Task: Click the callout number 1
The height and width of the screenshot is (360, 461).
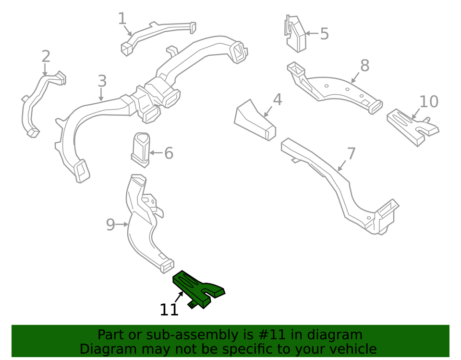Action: point(122,19)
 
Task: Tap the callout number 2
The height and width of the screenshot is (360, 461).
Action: point(46,57)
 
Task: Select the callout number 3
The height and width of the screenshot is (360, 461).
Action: point(102,81)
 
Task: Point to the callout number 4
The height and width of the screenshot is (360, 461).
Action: point(278,99)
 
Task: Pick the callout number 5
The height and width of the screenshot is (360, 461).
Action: point(324,34)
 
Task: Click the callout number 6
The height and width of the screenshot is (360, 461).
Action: point(169,154)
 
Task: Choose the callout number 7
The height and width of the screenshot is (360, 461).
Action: point(351,154)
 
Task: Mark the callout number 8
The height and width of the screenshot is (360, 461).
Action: point(364,66)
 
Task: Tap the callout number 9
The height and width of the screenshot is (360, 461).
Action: point(110,224)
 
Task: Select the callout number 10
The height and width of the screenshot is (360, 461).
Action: point(429,102)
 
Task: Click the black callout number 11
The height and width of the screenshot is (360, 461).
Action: point(169,310)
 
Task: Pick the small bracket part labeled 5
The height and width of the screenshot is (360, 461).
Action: point(295,34)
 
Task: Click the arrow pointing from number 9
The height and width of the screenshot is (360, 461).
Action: point(121,224)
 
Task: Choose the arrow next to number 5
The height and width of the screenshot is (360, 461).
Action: point(312,34)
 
